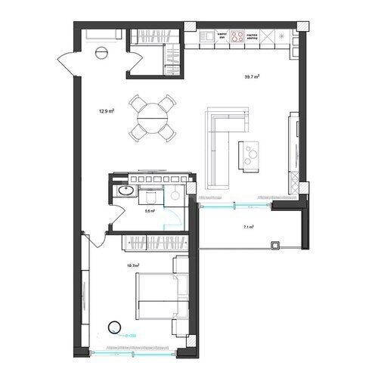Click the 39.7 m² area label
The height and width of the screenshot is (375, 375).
[252, 76]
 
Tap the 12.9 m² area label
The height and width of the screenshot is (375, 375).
[106, 110]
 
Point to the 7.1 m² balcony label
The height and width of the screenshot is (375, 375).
[248, 227]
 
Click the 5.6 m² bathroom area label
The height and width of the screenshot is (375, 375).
[149, 211]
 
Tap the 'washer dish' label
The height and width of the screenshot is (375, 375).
[222, 36]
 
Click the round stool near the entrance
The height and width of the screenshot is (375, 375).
[102, 52]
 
